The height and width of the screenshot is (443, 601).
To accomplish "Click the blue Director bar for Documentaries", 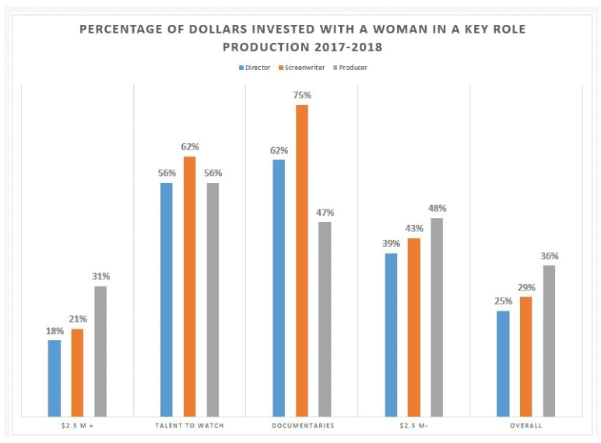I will coord(279,288).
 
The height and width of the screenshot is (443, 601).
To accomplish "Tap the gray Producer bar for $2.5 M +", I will coord(100,351).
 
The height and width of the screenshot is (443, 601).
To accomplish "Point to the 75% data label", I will coord(302,95).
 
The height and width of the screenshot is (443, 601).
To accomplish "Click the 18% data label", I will coord(54,331).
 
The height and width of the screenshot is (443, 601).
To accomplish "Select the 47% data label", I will coord(325,213).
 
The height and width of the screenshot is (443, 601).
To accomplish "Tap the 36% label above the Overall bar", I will coord(550,256).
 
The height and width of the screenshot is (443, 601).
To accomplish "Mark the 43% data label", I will coord(414,229).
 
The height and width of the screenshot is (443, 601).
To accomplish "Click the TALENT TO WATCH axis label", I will coord(189,426).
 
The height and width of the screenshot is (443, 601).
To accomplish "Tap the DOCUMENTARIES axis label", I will coord(302,426).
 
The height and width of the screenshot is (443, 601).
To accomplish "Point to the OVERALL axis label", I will coord(526,426).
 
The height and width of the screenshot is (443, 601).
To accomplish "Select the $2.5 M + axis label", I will coord(77,426).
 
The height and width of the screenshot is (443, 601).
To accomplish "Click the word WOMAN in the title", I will coord(402,30).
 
